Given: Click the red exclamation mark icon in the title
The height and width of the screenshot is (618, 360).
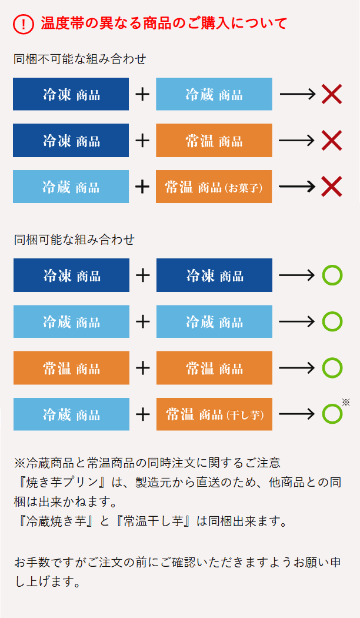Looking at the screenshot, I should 23,24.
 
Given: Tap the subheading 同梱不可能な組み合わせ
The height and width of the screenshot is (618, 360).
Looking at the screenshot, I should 80,59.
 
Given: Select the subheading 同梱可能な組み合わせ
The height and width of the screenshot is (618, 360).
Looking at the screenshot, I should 74,240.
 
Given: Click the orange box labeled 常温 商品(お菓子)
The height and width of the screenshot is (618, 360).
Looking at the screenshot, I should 214,187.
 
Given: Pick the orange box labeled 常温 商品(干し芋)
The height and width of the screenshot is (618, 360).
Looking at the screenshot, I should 214,414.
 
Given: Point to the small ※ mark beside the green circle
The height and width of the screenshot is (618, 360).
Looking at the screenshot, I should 346,403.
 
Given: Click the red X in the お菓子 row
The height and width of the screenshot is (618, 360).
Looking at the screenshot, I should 332,187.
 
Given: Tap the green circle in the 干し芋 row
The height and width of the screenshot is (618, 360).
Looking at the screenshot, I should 332,414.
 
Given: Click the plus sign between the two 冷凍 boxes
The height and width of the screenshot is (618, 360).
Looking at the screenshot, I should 142,275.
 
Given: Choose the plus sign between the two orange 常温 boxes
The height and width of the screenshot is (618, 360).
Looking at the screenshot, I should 142,368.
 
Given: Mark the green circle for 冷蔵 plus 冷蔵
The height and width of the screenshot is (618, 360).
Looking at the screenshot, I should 332,321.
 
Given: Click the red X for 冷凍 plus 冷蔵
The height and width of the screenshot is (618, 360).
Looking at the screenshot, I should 332,94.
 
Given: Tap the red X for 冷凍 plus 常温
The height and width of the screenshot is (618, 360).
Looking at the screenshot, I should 332,140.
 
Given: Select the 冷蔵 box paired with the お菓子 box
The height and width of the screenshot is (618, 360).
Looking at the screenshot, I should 71,187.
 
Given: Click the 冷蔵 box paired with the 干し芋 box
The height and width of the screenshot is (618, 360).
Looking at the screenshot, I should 71,414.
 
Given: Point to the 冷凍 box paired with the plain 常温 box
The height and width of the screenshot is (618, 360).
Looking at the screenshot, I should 71,140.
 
